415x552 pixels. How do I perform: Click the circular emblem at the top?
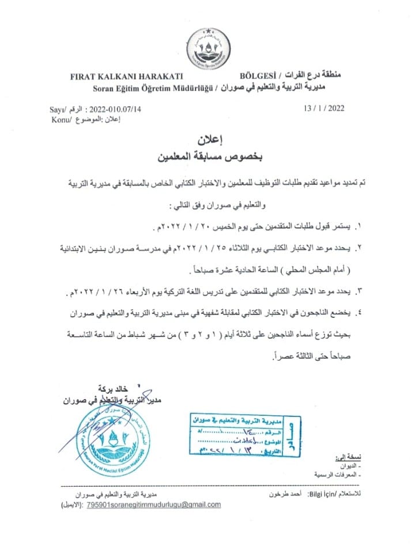207,48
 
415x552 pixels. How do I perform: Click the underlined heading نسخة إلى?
345,457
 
